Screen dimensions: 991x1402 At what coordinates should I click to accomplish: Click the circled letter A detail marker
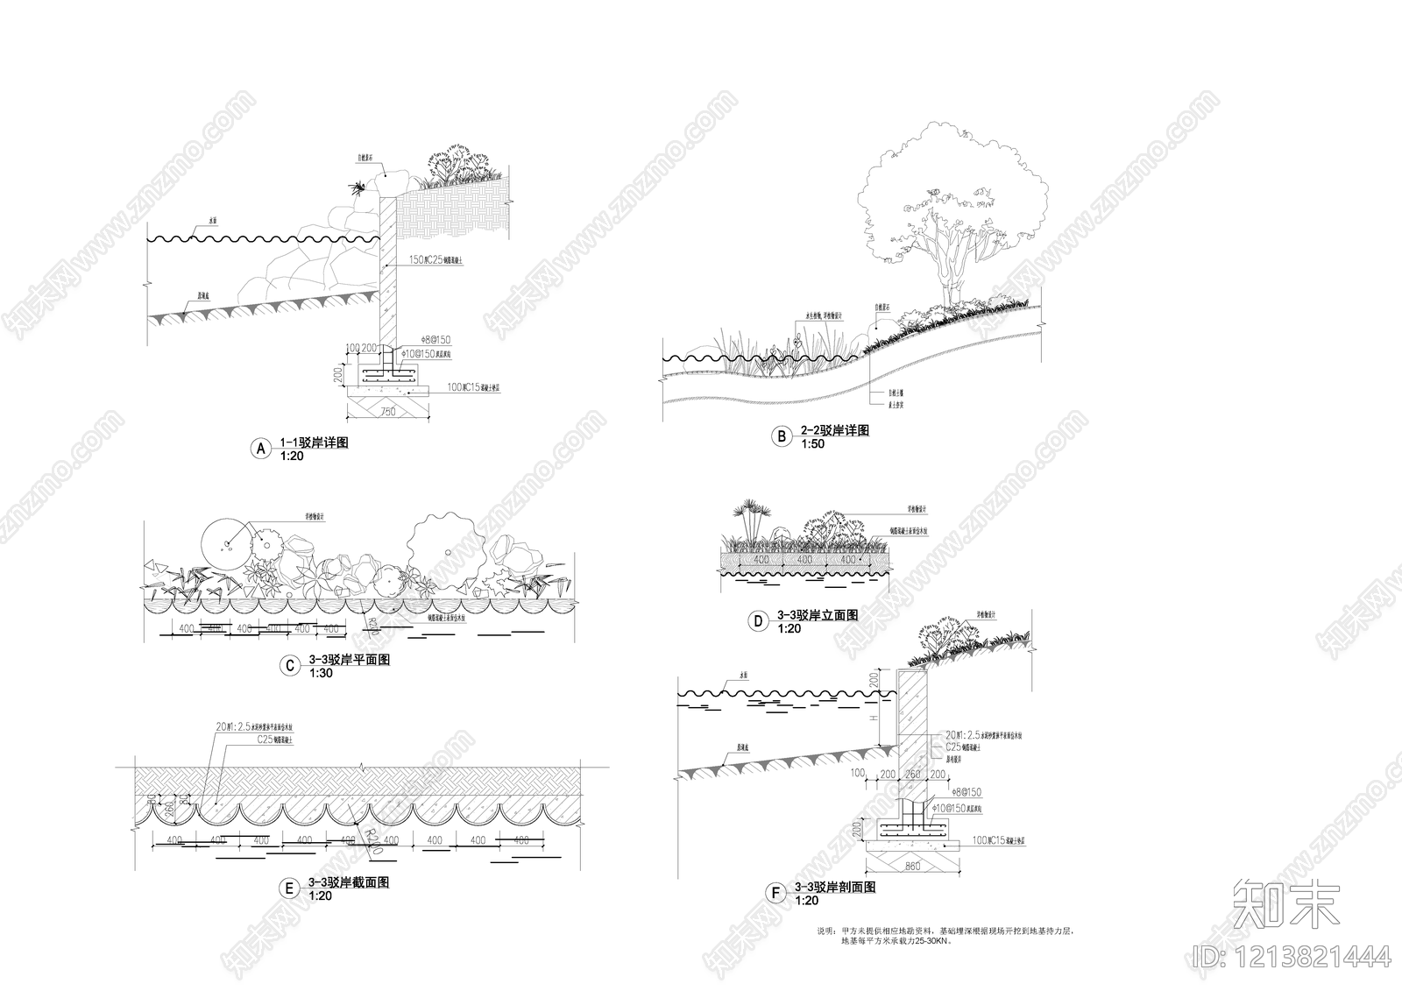point(260,449)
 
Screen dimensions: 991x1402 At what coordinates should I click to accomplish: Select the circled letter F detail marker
point(775,894)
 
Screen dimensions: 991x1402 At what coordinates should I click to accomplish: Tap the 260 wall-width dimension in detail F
point(911,775)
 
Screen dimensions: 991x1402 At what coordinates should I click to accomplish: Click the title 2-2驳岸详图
point(834,431)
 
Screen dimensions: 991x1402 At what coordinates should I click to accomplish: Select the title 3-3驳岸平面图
point(349,660)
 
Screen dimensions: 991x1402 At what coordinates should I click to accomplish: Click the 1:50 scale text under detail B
point(812,444)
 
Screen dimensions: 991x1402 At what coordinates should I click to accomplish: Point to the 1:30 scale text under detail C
point(321,673)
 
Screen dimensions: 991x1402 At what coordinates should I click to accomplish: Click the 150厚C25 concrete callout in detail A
point(435,260)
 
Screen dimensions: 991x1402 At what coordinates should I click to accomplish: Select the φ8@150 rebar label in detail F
point(962,792)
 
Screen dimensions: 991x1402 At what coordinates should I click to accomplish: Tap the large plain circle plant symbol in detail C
point(226,543)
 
